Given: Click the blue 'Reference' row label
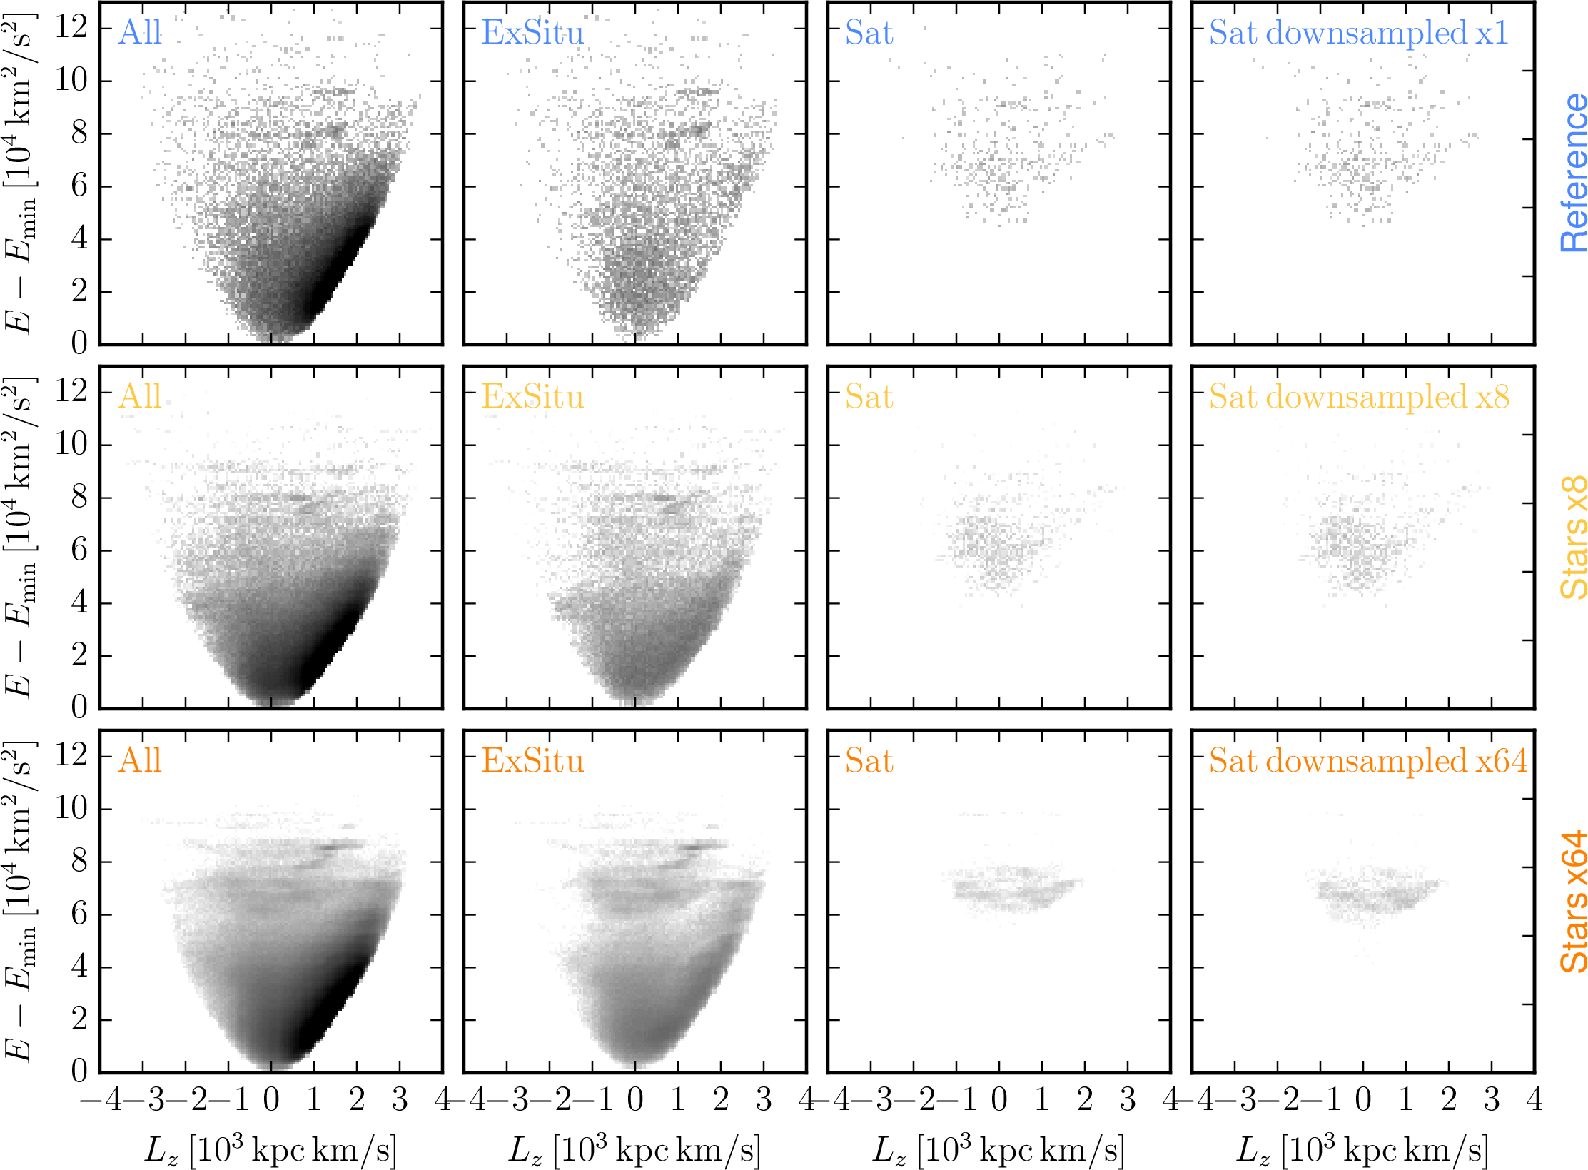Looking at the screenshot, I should [1572, 173].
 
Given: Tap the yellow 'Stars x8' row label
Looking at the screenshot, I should [1572, 537].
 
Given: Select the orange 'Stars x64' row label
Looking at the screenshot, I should [1572, 902].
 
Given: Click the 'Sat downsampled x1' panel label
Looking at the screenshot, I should [1358, 33].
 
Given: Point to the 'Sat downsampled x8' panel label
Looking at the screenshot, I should [1359, 397].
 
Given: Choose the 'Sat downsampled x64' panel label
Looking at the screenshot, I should [1367, 761].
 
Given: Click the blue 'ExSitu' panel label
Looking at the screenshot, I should [532, 33].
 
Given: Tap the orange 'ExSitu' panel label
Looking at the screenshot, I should [532, 761].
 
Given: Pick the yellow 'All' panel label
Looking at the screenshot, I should [141, 397].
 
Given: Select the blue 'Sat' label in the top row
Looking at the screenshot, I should [869, 33].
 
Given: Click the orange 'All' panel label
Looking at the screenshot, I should [141, 761].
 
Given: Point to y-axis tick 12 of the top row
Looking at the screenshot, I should [71, 27].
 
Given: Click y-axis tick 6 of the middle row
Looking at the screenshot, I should [79, 550].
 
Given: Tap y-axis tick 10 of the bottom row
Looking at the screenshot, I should [71, 809].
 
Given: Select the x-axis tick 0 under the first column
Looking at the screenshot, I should [271, 1100].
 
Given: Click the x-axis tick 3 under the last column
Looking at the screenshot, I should [1492, 1100].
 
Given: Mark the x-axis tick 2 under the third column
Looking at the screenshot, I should [1085, 1100].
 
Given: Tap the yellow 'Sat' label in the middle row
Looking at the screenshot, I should [869, 397].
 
